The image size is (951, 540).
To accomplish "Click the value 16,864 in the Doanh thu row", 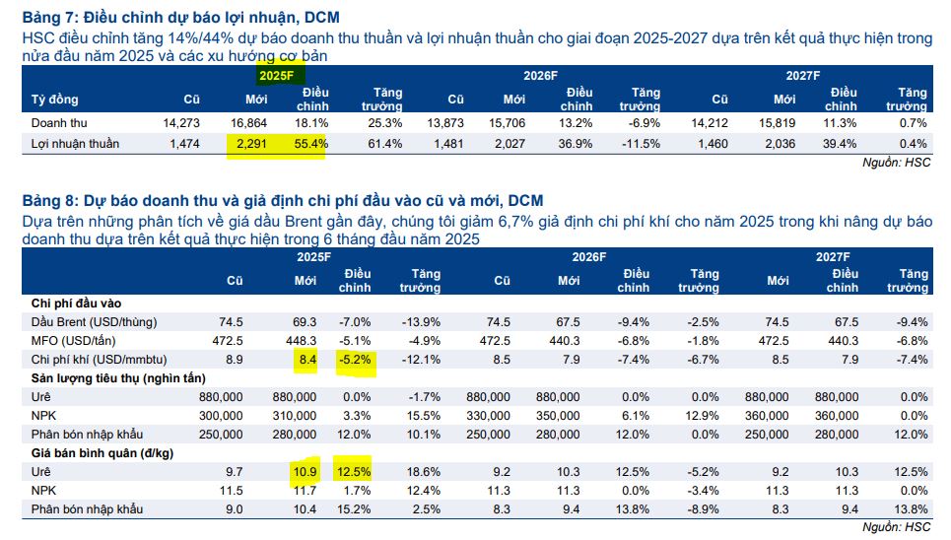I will [248, 123].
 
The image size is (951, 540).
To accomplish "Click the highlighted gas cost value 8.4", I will [306, 360].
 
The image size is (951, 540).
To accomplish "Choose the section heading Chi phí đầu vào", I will [76, 304].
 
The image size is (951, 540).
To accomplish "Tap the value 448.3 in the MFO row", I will [301, 341].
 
